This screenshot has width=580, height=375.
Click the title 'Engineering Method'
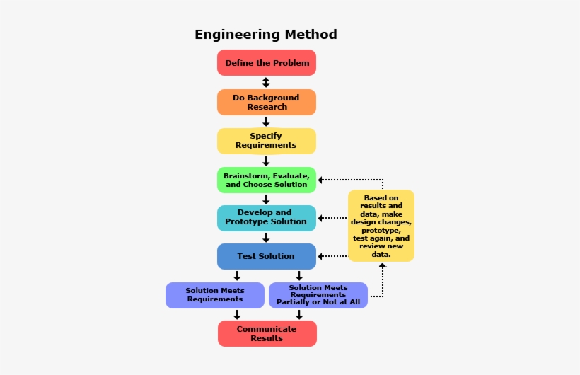click(265, 35)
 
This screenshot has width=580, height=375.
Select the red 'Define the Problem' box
click(267, 63)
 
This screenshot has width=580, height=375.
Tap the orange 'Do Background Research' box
click(267, 102)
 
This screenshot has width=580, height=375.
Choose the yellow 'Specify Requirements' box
click(267, 141)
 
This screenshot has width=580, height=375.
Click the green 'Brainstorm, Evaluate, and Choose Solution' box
click(267, 180)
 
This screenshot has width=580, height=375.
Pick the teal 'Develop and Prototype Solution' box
click(267, 217)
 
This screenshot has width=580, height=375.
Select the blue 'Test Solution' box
click(267, 256)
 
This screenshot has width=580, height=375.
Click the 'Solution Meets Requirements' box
click(215, 295)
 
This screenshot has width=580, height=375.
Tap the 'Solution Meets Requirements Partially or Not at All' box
click(318, 295)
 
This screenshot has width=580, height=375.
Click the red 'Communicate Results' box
click(267, 333)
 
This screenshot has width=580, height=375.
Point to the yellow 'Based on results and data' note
click(381, 226)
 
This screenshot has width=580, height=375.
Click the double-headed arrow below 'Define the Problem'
click(266, 82)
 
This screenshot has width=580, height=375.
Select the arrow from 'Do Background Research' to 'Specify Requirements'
click(266, 122)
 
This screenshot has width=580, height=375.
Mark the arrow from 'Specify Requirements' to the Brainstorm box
click(266, 161)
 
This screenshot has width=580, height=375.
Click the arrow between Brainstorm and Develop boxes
click(266, 199)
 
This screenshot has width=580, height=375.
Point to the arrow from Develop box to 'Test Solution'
click(266, 237)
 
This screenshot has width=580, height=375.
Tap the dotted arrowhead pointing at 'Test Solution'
click(321, 256)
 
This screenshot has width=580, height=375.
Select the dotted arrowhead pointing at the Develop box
click(321, 218)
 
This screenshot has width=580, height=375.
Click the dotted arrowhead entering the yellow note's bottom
click(382, 267)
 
